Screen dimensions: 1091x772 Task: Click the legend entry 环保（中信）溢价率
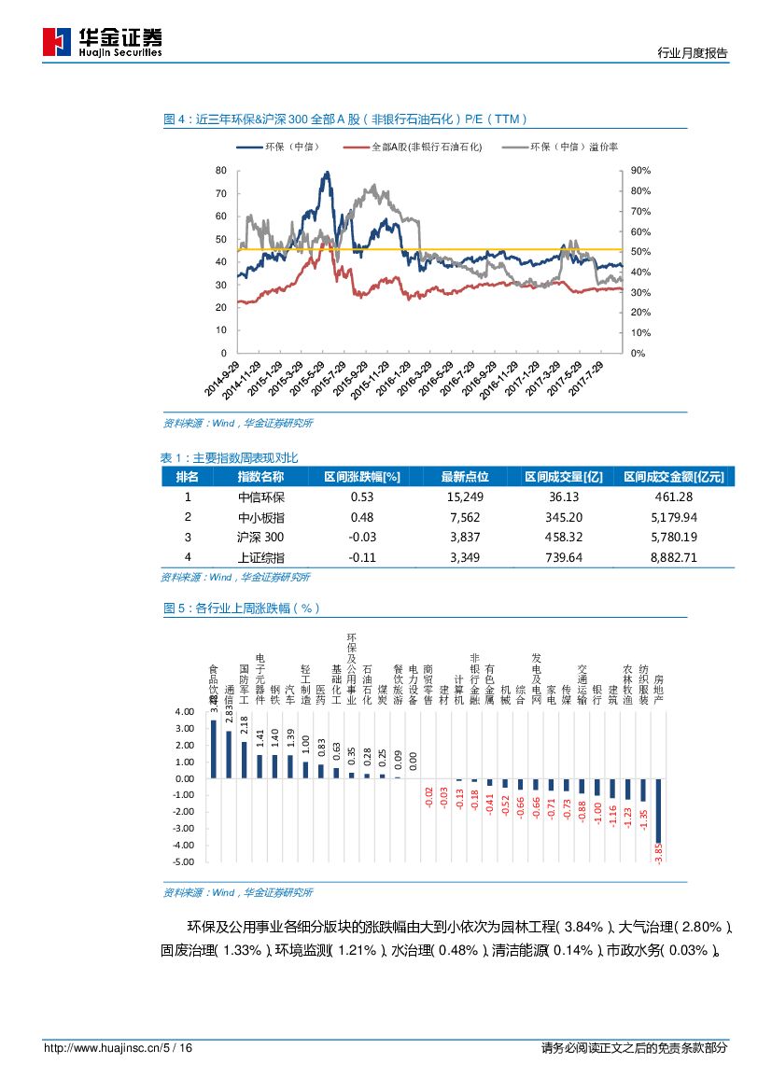[573, 147]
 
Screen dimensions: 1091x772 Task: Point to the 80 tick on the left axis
[220, 171]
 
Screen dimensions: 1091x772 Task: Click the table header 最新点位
[465, 477]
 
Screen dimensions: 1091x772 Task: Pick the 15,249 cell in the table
[465, 497]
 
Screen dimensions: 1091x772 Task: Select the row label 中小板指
[262, 517]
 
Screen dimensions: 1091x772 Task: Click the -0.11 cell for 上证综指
[361, 557]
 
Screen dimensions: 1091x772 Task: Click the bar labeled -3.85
[658, 811]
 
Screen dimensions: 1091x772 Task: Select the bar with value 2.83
[229, 754]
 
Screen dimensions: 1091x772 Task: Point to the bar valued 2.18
[245, 760]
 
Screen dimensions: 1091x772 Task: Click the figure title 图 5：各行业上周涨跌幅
[241, 608]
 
